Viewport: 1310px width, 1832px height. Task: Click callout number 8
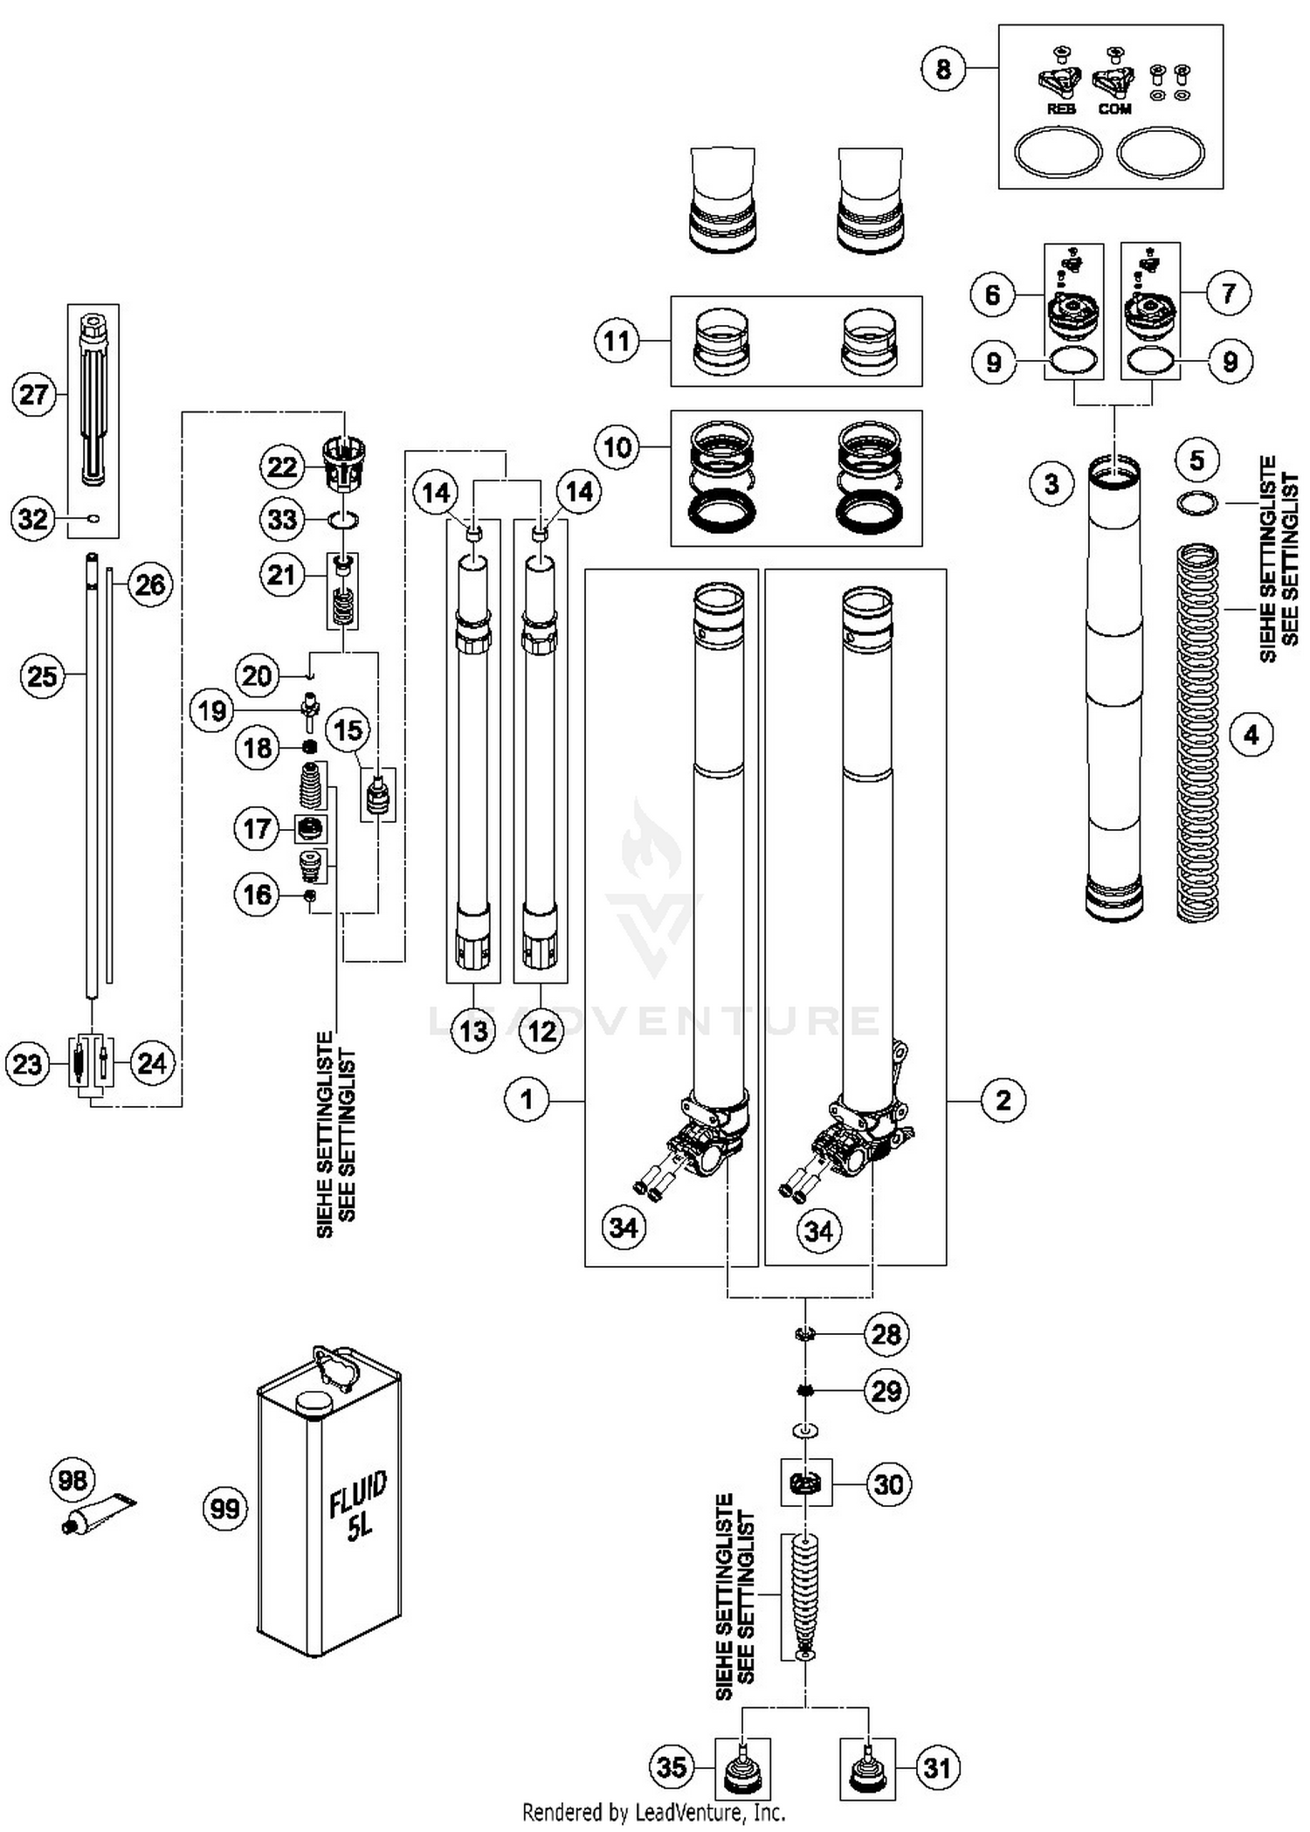tap(943, 68)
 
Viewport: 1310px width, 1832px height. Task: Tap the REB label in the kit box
tap(1060, 109)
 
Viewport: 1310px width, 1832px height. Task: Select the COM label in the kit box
tap(1114, 109)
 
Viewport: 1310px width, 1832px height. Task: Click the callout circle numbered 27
tap(34, 394)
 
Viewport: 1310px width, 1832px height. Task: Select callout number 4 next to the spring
tap(1251, 735)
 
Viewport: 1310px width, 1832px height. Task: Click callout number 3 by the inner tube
tap(1051, 483)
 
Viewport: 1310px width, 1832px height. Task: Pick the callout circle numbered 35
tap(672, 1767)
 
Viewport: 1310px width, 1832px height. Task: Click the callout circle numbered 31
tap(937, 1767)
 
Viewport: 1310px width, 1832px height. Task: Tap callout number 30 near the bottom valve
tap(888, 1484)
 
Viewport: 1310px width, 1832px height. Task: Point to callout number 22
tap(282, 467)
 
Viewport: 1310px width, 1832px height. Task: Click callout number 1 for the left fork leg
tap(527, 1099)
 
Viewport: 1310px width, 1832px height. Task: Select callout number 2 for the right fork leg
tap(1003, 1099)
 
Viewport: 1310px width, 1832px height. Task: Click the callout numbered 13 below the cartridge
tap(473, 1031)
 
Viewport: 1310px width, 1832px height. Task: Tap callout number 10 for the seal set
tap(617, 447)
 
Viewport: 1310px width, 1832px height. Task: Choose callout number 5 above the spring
tap(1196, 460)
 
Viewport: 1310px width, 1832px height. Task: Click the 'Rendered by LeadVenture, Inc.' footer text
tap(653, 1813)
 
